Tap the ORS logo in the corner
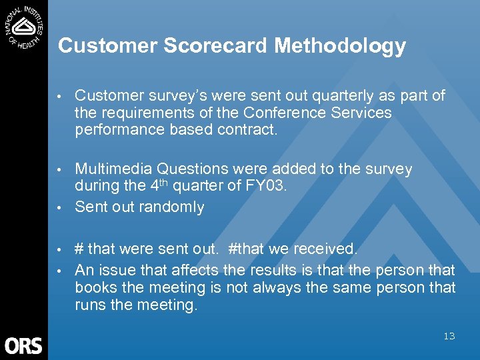click(x=24, y=345)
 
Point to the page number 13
click(x=449, y=336)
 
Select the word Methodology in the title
click(x=340, y=46)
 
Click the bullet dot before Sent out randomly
click(x=60, y=207)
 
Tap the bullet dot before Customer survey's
click(x=60, y=96)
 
